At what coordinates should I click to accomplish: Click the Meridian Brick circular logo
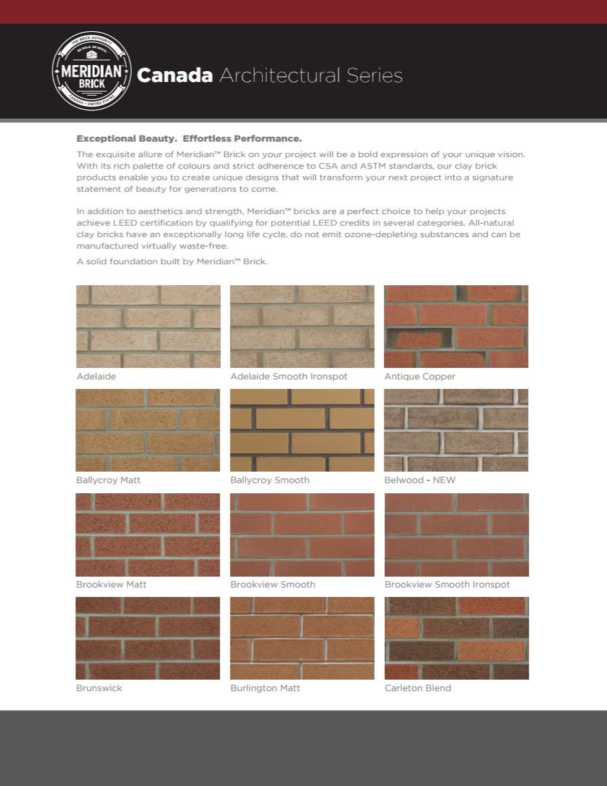coord(91,71)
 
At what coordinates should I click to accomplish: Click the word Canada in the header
coord(175,75)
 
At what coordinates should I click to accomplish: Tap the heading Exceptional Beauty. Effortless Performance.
coord(189,138)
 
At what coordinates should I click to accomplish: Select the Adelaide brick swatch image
coord(148,327)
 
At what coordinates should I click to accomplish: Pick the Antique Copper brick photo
coord(456,327)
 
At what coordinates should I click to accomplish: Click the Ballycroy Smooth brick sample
coord(302,430)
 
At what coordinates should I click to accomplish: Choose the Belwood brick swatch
coord(456,430)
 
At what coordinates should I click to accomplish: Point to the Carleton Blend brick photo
coord(456,638)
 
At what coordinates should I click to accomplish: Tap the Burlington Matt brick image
coord(302,638)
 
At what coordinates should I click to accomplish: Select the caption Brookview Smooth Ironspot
coord(447,584)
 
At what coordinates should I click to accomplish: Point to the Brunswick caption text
coord(99,688)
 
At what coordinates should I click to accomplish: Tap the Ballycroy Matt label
coord(108,480)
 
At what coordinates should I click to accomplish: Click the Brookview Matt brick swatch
coord(148,535)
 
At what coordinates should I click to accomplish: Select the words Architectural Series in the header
coord(311,75)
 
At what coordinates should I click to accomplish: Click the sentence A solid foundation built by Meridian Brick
coord(172,261)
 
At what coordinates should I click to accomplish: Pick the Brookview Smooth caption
coord(272,584)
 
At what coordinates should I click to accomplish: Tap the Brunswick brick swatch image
coord(148,638)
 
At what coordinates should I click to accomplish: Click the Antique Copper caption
coord(420,376)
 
